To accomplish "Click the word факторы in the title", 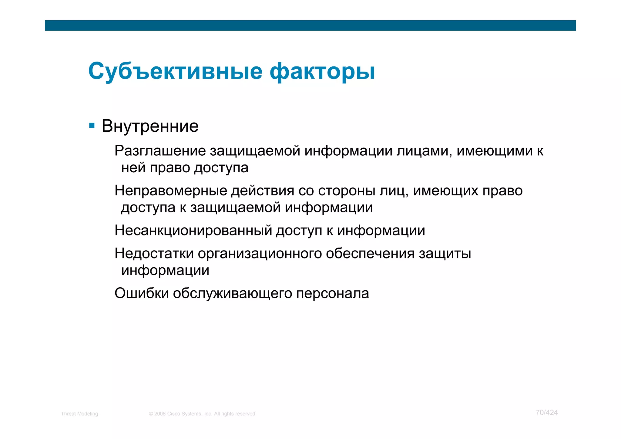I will [322, 72].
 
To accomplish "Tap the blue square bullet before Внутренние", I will [92, 125].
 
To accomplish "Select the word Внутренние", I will [150, 126].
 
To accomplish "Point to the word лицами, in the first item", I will [425, 151].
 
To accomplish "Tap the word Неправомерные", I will [171, 191].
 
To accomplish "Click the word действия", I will [263, 191].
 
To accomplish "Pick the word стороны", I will [347, 191].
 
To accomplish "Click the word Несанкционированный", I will [193, 231].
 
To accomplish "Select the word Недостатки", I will [154, 254].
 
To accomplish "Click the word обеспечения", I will [370, 254].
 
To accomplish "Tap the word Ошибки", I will [142, 293].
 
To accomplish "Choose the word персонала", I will [332, 293].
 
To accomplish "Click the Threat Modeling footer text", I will [79, 414].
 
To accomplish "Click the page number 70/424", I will [546, 413].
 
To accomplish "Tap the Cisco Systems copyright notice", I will [203, 414].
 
